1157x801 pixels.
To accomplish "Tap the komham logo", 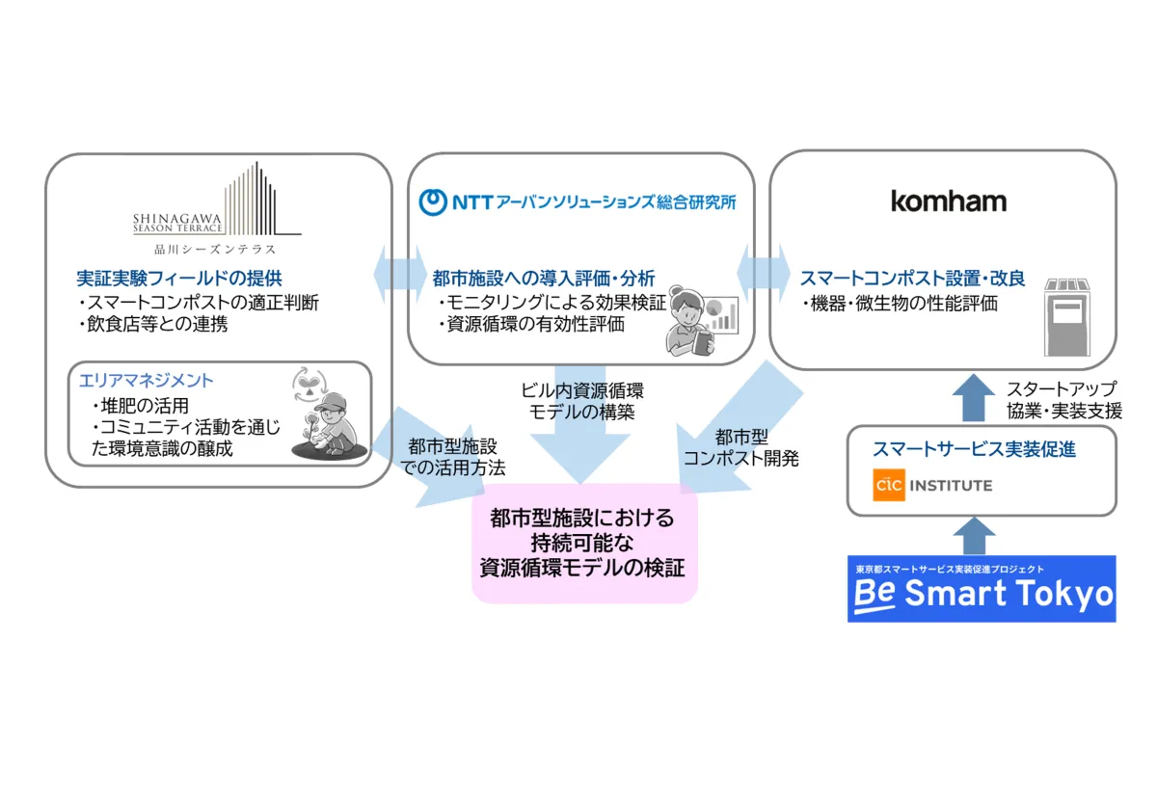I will coord(948,201).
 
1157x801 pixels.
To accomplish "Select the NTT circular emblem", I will coord(436,201).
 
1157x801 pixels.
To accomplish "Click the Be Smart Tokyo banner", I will coord(981,588).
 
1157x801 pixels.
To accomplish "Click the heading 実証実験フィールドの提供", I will coord(179,279).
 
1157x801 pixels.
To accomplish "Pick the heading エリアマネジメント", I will coord(148,381).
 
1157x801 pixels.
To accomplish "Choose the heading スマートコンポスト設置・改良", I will coord(912,279).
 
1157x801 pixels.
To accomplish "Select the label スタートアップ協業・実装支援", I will coord(1063,401).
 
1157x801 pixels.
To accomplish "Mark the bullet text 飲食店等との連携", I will coord(158,325).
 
